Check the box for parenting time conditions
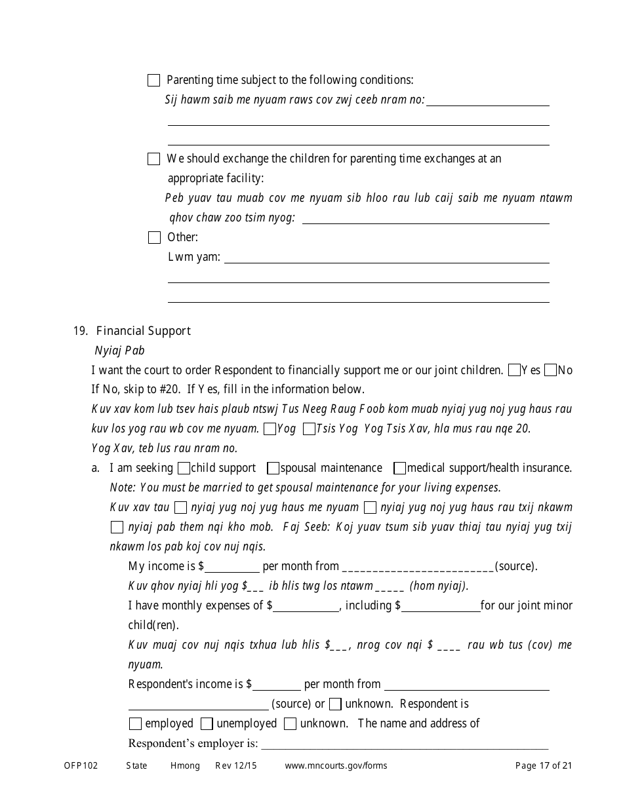point(154,81)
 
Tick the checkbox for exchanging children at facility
point(154,159)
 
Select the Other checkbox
point(154,238)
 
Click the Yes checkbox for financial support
point(515,370)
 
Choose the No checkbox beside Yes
point(551,370)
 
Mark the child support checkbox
point(184,469)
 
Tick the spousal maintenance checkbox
point(273,469)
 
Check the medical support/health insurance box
point(399,469)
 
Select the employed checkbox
point(136,724)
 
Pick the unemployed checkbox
point(207,724)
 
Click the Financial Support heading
point(143,331)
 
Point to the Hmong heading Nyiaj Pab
point(119,351)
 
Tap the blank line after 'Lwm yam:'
point(387,258)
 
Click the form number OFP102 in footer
point(81,765)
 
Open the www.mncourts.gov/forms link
point(336,765)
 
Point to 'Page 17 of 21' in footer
point(544,765)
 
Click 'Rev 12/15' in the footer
point(236,765)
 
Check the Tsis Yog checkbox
point(309,429)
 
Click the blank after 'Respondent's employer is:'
point(405,744)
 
